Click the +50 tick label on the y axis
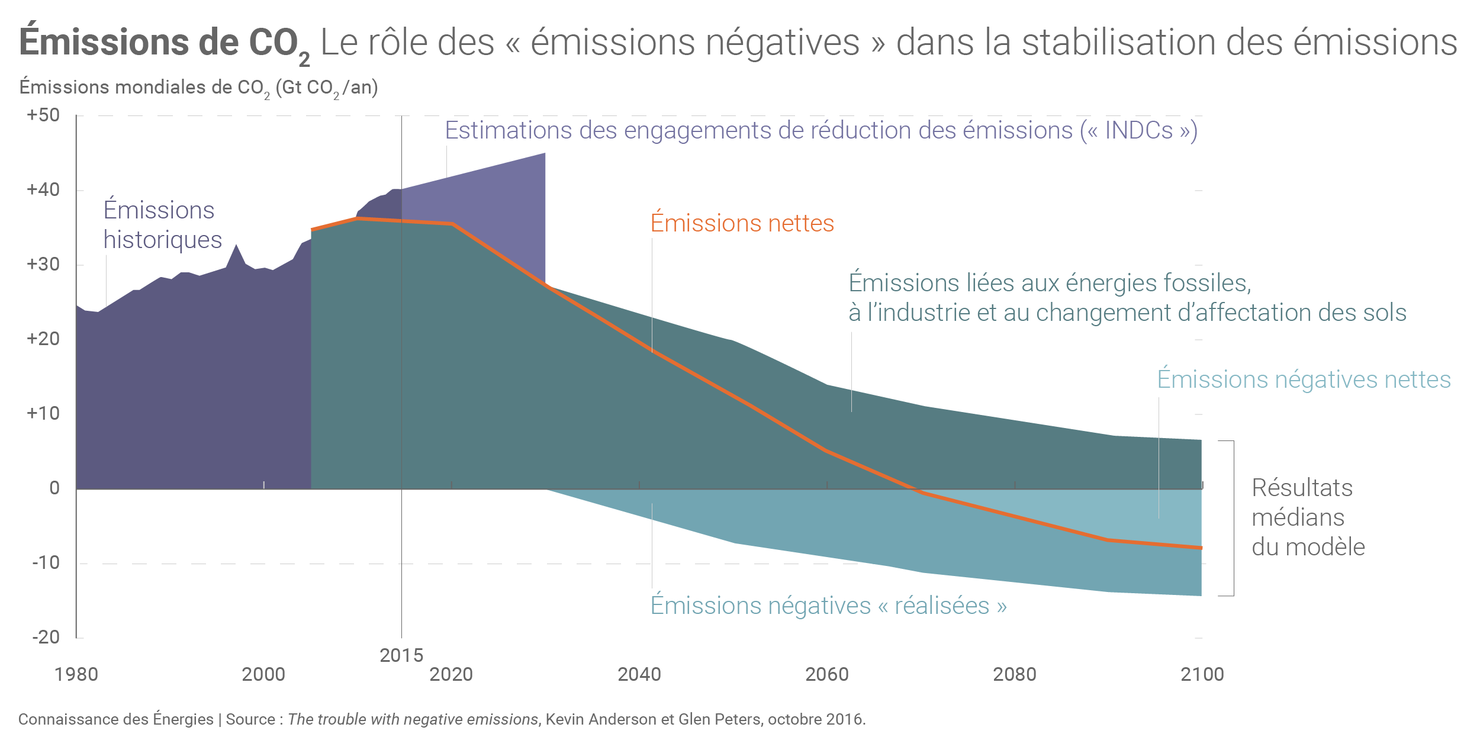coord(43,115)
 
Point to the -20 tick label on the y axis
coord(46,637)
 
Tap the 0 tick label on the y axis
coord(54,488)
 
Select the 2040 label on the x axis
coord(639,674)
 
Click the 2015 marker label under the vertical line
coord(401,655)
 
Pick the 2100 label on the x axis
coord(1202,674)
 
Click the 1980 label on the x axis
coord(76,674)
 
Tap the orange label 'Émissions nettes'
coord(742,224)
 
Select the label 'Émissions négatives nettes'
coord(1304,379)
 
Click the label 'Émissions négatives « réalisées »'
coord(828,606)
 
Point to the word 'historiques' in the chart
coord(163,240)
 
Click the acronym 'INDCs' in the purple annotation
coord(1138,130)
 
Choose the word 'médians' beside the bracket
coord(1298,517)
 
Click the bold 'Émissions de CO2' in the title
coord(164,43)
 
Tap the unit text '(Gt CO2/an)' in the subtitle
coord(326,88)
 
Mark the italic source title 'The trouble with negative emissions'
coord(413,719)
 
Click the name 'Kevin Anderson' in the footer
coord(601,719)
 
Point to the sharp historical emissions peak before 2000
coord(236,245)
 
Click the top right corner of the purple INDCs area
coord(545,154)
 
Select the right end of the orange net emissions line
coord(1201,548)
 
